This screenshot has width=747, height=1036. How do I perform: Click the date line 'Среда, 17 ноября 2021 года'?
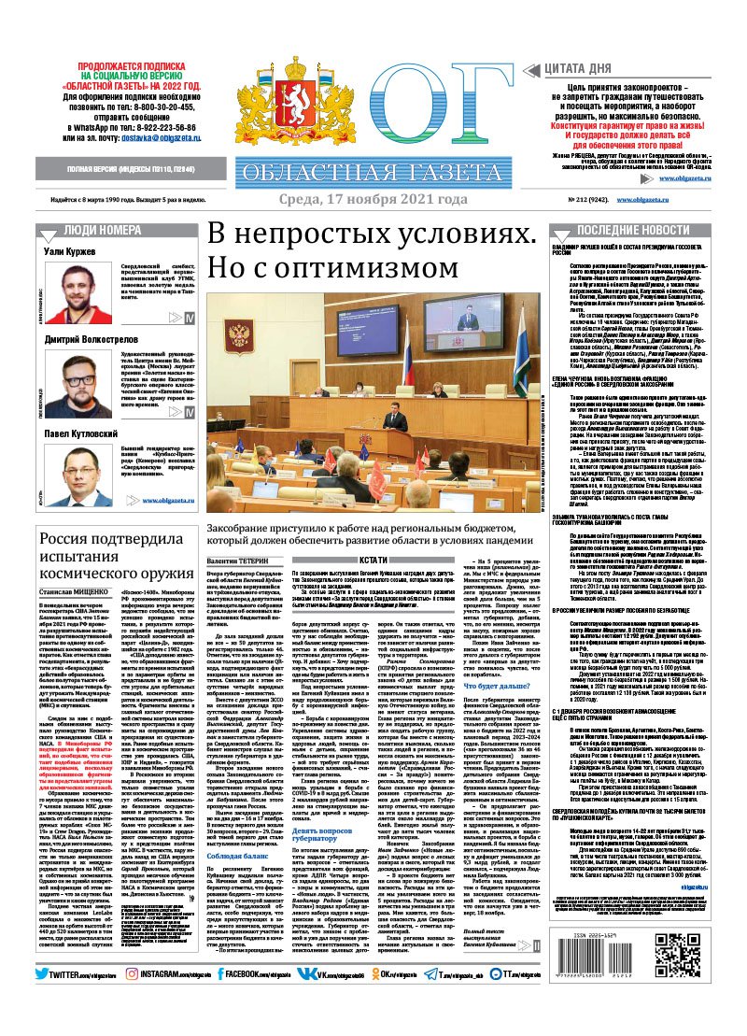click(x=373, y=199)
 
